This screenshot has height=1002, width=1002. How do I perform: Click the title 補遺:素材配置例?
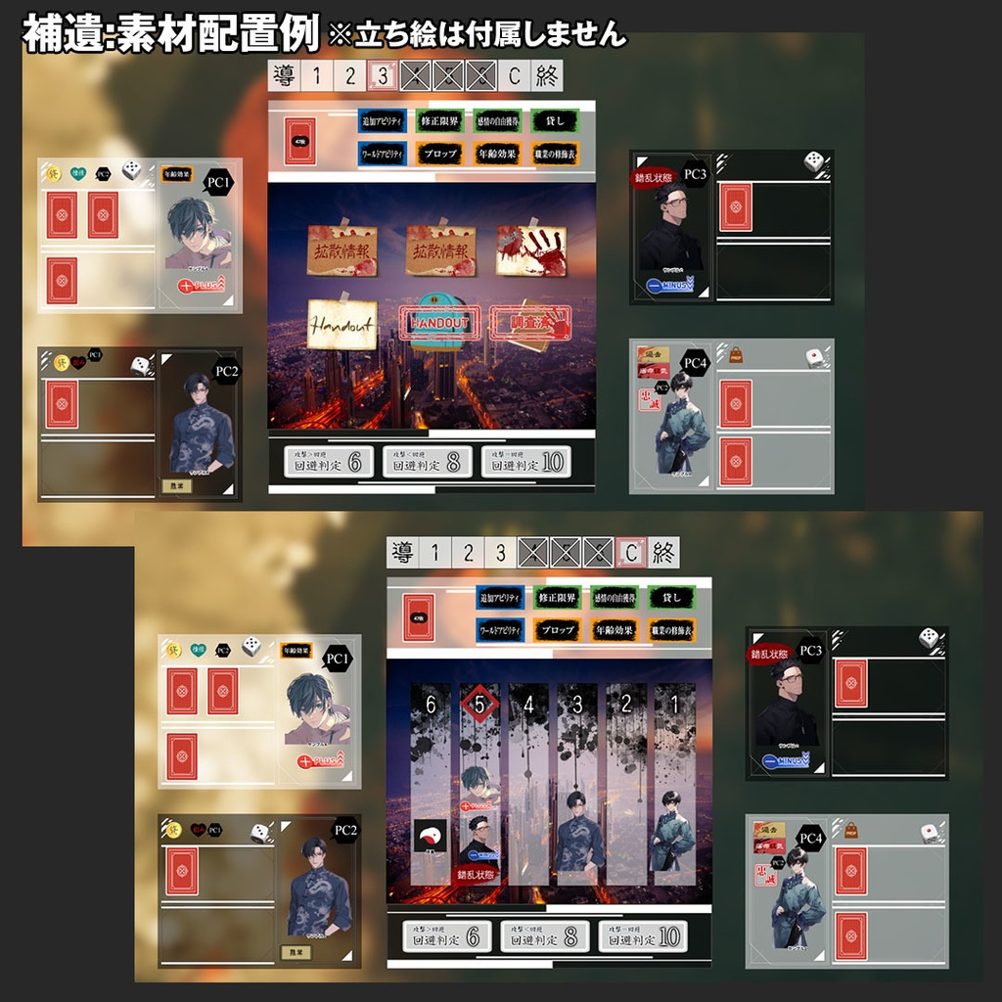pos(171,35)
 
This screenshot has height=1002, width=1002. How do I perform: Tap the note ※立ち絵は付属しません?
pos(478,35)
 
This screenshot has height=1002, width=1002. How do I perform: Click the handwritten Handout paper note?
pos(342,324)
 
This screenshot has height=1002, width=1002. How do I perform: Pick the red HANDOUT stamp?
pos(439,322)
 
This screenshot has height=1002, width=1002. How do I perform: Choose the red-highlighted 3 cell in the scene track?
pos(383,75)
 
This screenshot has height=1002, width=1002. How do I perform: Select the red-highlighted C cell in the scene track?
pos(631,553)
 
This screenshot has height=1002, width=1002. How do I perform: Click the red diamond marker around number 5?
pos(479,703)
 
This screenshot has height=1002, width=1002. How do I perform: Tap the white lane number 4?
pos(528,704)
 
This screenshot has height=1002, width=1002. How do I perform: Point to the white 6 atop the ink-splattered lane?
pos(431,704)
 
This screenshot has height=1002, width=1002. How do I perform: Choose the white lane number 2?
pos(626,704)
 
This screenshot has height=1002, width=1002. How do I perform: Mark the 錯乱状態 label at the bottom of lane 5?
pos(478,875)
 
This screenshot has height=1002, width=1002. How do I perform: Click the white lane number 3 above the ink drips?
pos(577,704)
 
